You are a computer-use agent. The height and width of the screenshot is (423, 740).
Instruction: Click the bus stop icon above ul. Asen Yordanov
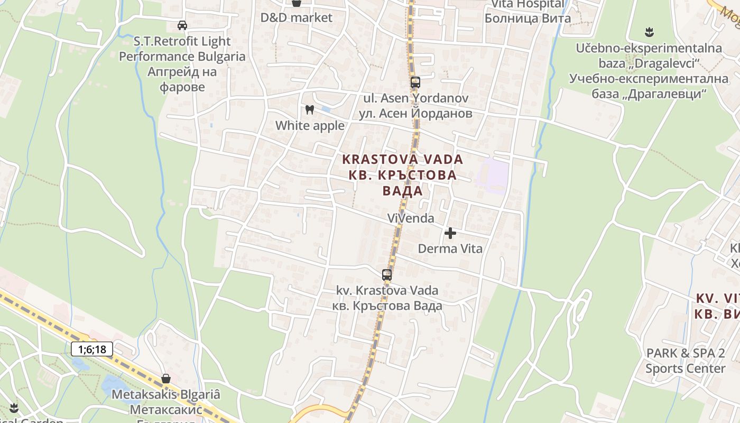pos(415,82)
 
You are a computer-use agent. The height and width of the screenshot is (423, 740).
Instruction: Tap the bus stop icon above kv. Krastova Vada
pos(387,275)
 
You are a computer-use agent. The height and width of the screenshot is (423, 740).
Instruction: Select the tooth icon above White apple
pos(310,110)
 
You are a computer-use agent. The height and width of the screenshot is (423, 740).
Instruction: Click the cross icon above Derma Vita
pos(450,233)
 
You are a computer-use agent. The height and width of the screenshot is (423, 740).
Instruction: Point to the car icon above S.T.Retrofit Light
pos(182,25)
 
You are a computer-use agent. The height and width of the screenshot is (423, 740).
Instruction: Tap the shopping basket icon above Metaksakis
pos(166,379)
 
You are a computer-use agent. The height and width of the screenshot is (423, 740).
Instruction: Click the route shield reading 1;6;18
pos(92,349)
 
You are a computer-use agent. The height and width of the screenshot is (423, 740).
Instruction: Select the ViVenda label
pos(410,218)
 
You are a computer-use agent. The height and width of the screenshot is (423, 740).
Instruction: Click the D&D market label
pos(297,17)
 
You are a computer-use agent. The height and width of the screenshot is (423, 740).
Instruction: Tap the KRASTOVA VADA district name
pos(402,159)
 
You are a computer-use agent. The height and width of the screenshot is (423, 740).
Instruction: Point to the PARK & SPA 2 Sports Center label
pos(686,361)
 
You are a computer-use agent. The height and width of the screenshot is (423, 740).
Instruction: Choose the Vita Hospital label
pos(528,5)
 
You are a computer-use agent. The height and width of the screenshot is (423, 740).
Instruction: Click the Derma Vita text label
pos(450,249)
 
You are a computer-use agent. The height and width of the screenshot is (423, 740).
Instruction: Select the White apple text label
pos(310,126)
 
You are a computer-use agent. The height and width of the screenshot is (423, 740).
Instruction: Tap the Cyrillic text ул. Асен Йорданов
pos(415,113)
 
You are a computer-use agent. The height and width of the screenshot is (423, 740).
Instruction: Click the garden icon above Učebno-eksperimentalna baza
pos(650,32)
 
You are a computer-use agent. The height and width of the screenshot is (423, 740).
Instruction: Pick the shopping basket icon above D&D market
pos(297,3)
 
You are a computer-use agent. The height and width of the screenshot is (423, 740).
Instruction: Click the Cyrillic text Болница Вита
pos(528,19)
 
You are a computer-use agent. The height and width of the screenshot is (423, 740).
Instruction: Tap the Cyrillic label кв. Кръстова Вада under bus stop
pos(387,306)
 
